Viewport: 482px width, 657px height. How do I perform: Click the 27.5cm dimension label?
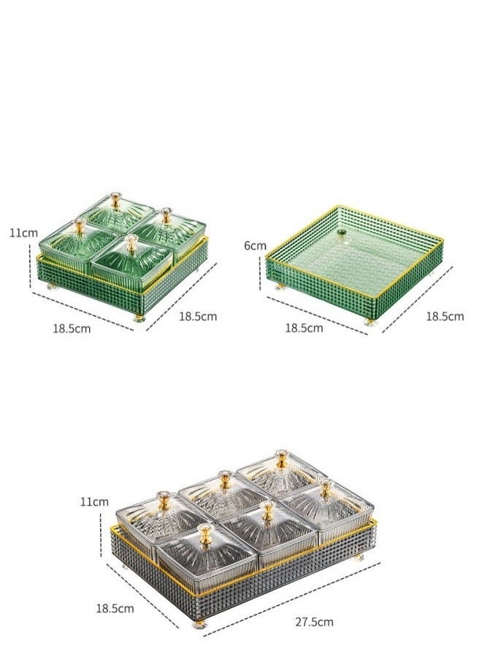[x=314, y=621]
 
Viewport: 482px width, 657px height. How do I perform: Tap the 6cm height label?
[x=255, y=245]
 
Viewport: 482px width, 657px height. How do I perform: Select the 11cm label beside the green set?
[x=23, y=233]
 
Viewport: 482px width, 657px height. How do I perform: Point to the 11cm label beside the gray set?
[x=94, y=502]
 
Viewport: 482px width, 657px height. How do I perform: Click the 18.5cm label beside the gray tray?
[x=115, y=608]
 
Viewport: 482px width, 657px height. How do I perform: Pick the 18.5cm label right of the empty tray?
[x=445, y=316]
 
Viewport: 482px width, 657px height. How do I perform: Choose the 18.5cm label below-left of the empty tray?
[x=305, y=328]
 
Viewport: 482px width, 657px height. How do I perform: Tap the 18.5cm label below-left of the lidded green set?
[x=72, y=328]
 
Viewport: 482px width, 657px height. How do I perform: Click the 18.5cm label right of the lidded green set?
[x=198, y=316]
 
